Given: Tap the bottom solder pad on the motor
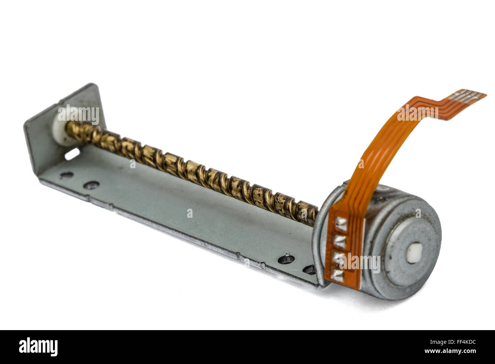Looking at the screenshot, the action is tap(337, 275).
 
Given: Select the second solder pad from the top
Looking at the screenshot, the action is tap(340, 241).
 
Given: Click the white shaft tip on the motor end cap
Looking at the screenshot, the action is tap(415, 253).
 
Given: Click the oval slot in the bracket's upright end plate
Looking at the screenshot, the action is tap(72, 154).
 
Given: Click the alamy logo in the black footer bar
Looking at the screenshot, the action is tap(38, 346).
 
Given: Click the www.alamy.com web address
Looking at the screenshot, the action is tap(450, 351).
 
